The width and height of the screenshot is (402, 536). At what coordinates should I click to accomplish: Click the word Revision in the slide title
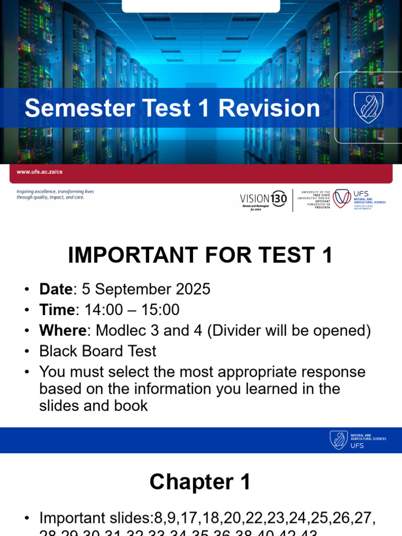269,108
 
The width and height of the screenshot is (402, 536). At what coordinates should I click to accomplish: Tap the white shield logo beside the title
368,107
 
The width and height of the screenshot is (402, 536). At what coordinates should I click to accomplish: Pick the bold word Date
56,289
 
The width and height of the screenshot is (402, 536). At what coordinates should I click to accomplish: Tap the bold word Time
57,310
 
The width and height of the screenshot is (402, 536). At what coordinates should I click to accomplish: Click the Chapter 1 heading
200,482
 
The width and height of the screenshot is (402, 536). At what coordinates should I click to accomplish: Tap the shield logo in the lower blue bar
339,440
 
